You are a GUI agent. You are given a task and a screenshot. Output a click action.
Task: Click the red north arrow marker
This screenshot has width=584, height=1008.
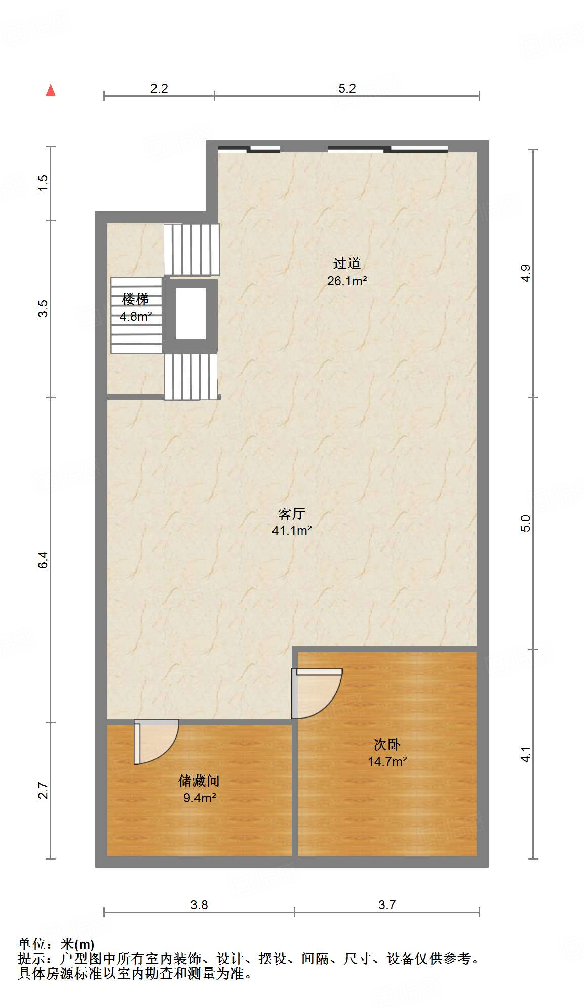pos(51,90)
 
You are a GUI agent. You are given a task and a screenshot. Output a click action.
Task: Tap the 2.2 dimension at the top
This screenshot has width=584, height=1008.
pos(159,88)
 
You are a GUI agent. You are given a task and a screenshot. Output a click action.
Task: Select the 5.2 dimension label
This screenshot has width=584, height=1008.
pos(347,88)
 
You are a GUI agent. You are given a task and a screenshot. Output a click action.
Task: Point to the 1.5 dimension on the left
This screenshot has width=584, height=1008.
pos(43,182)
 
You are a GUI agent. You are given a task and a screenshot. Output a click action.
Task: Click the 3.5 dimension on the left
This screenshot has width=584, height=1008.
pos(43,308)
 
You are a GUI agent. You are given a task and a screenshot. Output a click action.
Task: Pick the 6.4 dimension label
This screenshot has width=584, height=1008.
pos(43,560)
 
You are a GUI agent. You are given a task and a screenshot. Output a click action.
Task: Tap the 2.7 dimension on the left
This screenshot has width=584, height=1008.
pos(43,791)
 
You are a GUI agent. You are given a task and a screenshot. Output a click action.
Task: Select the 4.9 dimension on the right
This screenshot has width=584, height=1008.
pos(526,273)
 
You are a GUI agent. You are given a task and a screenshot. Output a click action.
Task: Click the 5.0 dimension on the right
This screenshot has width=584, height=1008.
pos(526,523)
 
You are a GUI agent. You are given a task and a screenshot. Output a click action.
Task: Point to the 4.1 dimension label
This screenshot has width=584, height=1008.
pos(526,754)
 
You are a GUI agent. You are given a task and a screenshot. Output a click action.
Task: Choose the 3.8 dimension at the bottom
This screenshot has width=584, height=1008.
pos(199,905)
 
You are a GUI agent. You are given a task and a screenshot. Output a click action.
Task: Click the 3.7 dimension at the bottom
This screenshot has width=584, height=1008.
pos(387,905)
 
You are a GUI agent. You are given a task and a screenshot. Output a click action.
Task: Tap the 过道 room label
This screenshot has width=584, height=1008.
pos(347,263)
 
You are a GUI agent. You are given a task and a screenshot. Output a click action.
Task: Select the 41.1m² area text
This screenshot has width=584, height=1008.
pos(292,530)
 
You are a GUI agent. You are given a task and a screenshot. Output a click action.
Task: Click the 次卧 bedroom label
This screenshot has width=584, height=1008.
pos(387,744)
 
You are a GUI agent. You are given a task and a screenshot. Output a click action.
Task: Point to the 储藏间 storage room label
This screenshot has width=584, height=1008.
pos(199,781)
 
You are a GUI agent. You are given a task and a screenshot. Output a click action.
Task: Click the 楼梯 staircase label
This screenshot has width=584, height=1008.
pos(136,299)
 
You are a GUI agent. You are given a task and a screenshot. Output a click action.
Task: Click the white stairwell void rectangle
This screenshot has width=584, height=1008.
pos(191,314)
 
